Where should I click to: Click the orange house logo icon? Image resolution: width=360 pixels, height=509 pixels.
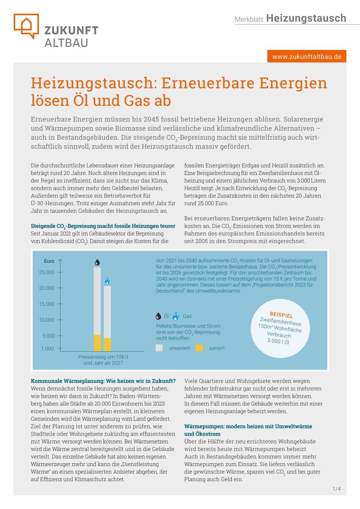[x=26, y=25]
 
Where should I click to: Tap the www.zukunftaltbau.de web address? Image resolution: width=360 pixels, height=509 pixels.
[x=307, y=56]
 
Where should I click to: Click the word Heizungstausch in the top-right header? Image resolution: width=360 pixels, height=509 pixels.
[x=306, y=18]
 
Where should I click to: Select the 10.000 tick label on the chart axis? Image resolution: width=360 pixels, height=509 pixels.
[x=47, y=320]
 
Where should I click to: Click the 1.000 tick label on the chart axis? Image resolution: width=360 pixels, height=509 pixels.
[x=48, y=348]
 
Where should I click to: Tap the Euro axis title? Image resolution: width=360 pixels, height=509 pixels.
[x=49, y=261]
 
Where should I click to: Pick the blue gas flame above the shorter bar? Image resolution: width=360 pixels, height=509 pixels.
[x=107, y=281]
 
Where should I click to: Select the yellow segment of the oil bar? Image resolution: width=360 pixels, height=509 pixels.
[x=97, y=343]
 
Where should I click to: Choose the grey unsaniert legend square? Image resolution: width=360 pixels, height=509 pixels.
[x=159, y=348]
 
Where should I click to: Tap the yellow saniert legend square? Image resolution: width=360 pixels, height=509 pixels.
[x=199, y=348]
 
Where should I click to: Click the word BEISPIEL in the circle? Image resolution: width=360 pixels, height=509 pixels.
[x=281, y=315]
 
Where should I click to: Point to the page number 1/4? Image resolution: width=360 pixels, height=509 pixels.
[x=337, y=489]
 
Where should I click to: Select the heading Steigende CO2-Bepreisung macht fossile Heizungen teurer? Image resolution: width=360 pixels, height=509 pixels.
[x=103, y=226]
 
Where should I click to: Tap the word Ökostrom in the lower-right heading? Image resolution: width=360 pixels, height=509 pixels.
[x=202, y=434]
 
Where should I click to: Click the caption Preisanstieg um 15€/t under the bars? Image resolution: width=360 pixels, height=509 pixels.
[x=103, y=357]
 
